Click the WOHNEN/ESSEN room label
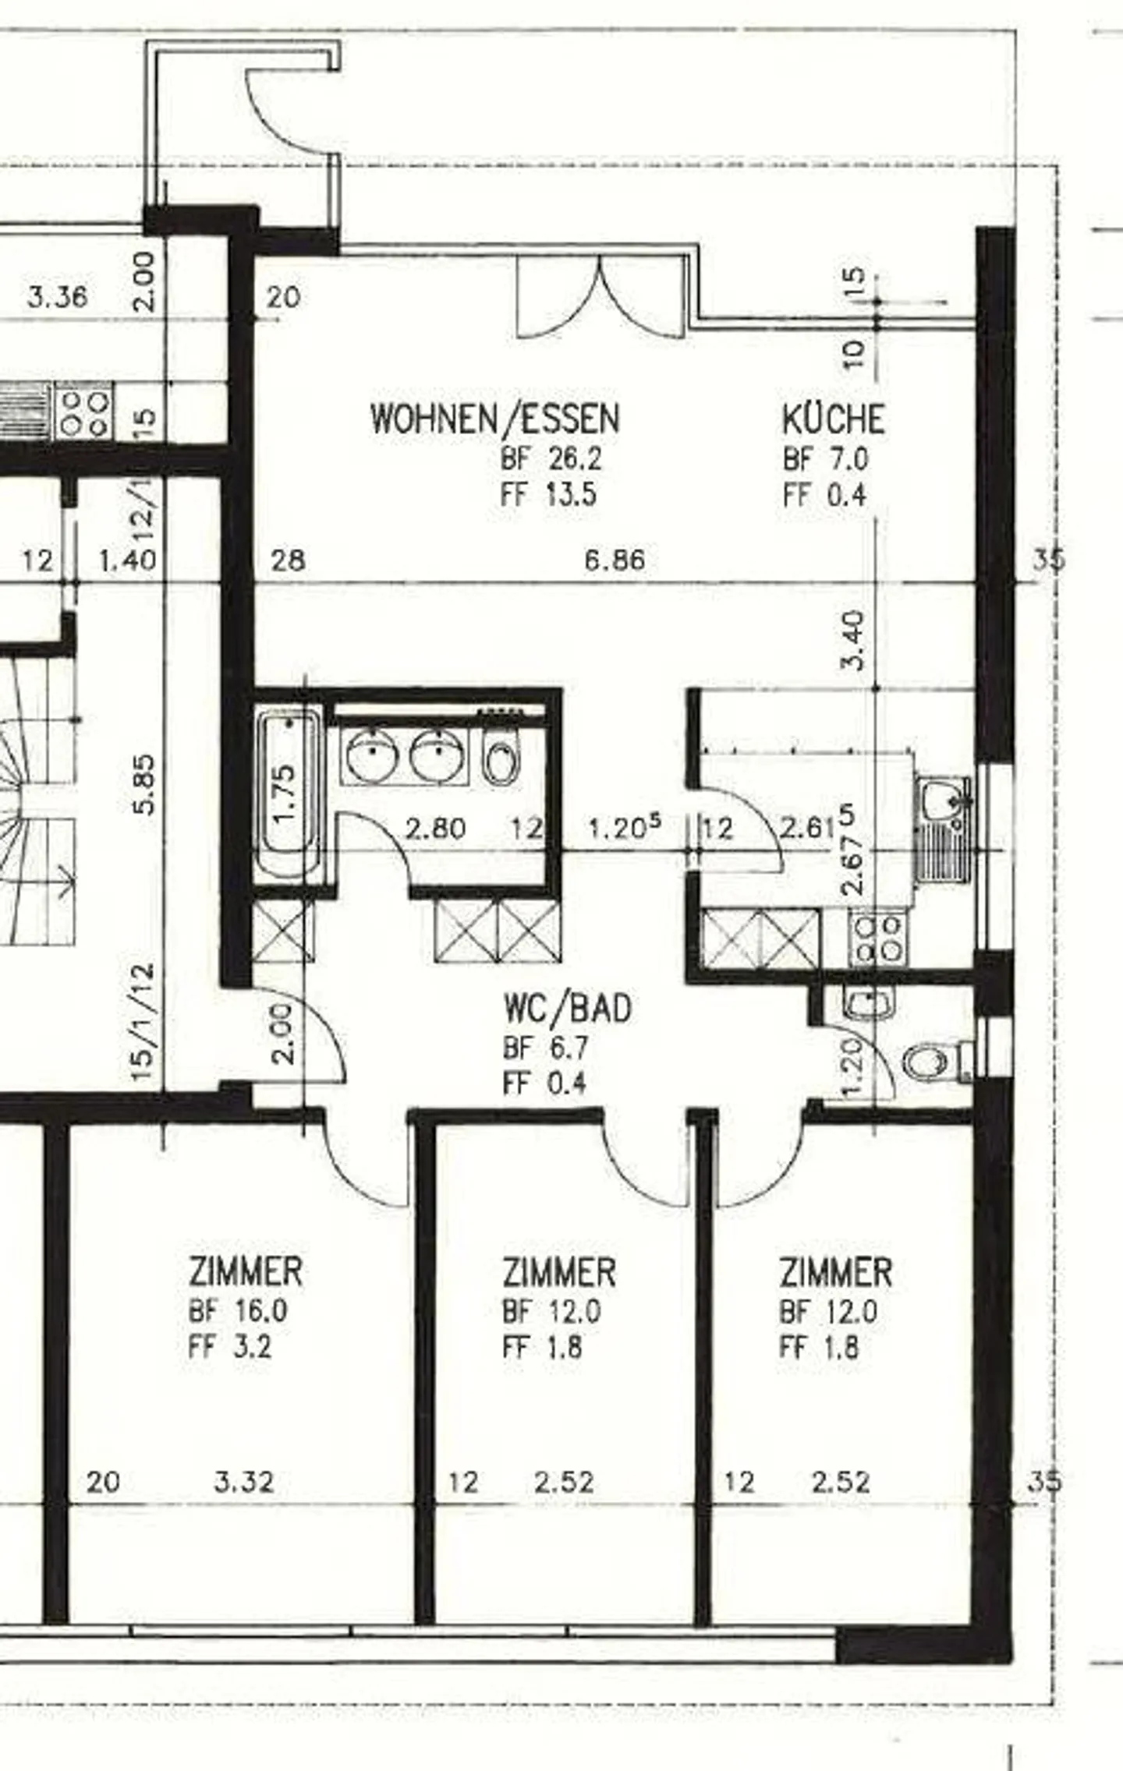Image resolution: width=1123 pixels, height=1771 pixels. click(x=495, y=419)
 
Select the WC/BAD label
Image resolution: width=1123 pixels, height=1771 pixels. click(x=567, y=1008)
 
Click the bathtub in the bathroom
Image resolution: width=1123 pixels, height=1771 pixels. click(x=288, y=794)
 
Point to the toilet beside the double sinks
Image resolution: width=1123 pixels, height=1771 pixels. click(x=500, y=757)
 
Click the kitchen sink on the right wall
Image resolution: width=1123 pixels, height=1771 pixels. click(x=944, y=829)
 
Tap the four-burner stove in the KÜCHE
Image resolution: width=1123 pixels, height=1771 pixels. click(x=879, y=939)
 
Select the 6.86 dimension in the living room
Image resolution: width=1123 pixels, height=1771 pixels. click(x=615, y=560)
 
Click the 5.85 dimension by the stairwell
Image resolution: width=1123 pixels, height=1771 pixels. click(x=145, y=783)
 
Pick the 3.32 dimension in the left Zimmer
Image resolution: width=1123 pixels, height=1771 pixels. click(x=244, y=1482)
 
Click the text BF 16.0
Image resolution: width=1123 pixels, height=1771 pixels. click(x=238, y=1310)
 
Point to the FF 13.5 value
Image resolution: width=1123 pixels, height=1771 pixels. click(x=549, y=494)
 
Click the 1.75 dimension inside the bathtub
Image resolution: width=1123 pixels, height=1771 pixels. click(x=285, y=794)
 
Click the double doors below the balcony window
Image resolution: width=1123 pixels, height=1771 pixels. click(x=601, y=297)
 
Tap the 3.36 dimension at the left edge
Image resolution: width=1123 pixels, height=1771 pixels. click(x=58, y=297)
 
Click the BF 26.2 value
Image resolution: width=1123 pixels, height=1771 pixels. click(x=551, y=458)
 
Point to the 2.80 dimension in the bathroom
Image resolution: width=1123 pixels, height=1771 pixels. click(x=435, y=828)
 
